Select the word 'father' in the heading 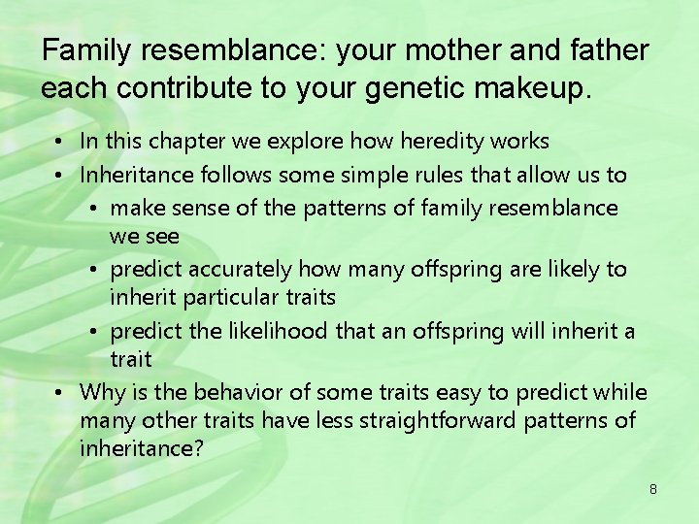click(609, 50)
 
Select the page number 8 click(653, 489)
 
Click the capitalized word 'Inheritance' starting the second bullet click(137, 175)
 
